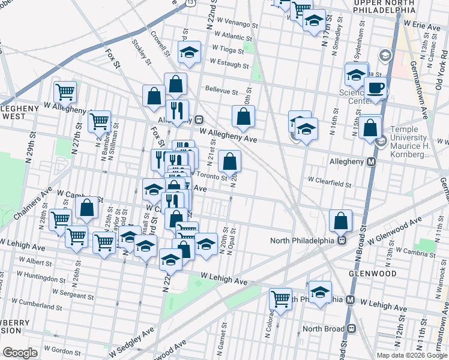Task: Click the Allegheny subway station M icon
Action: (372, 161)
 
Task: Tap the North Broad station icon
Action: (352, 328)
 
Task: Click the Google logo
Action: (20, 353)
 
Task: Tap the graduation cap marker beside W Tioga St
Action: (189, 52)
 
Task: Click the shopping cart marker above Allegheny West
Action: (65, 92)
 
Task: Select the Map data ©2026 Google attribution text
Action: (412, 355)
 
